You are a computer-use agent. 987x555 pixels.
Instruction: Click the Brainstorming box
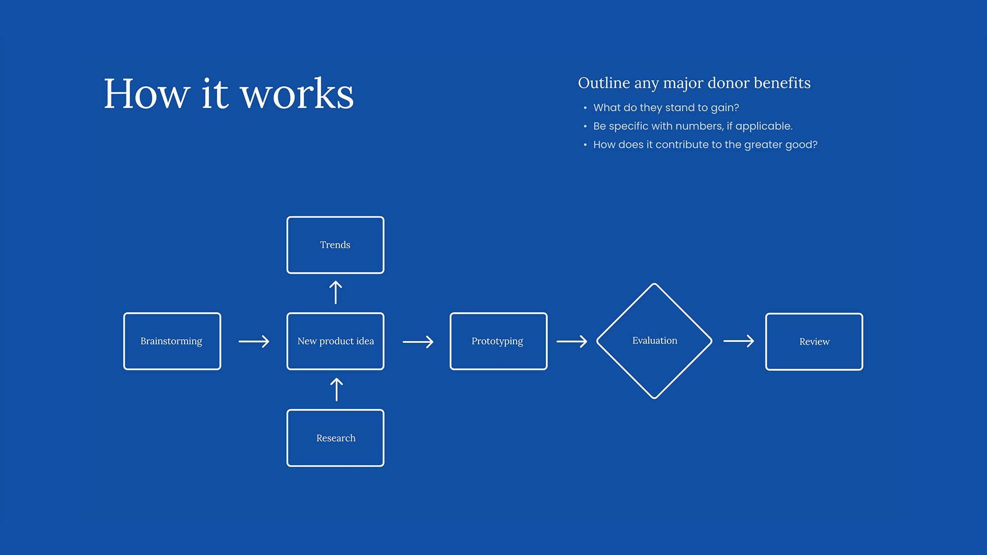[x=172, y=341]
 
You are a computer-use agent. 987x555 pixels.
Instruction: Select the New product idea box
[x=335, y=341]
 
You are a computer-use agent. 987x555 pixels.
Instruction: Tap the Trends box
[x=335, y=245]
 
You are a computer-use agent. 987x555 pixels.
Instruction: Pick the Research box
[x=335, y=438]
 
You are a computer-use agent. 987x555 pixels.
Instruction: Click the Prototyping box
[x=498, y=341]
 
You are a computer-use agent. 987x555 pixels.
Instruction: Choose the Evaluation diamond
[x=654, y=341]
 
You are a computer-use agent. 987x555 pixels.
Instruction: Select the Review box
[x=814, y=342]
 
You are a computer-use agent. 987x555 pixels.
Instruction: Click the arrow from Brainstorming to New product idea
[x=254, y=341]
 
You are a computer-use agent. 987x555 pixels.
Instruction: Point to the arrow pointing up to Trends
[x=335, y=292]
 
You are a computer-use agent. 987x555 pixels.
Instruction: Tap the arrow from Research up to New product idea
[x=336, y=390]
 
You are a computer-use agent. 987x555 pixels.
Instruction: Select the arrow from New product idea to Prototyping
[x=418, y=342]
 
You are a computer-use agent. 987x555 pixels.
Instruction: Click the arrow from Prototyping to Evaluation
[x=572, y=341]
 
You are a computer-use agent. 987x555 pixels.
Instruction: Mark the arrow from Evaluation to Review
[x=739, y=341]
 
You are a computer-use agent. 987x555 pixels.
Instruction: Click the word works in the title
[x=297, y=94]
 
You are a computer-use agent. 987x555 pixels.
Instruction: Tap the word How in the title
[x=147, y=94]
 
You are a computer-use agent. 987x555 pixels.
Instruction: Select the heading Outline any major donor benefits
[x=694, y=83]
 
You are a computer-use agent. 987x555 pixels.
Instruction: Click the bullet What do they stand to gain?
[x=666, y=108]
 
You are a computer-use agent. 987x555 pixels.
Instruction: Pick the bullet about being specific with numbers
[x=692, y=126]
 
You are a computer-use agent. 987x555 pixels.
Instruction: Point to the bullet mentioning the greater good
[x=705, y=145]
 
